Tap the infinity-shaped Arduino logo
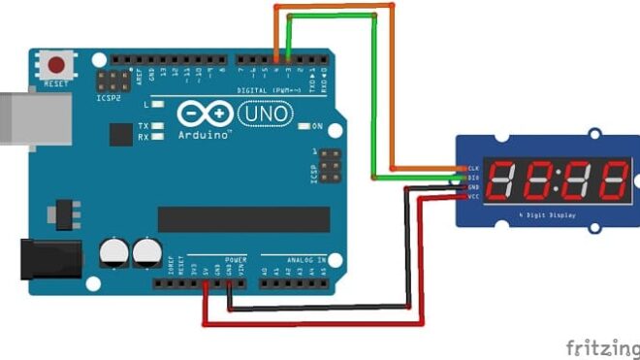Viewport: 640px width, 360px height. [x=205, y=115]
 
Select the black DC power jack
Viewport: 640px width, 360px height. [x=43, y=259]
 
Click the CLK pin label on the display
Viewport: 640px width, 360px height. [x=474, y=169]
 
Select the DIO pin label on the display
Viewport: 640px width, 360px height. [x=474, y=179]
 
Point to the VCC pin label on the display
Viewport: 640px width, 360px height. [x=474, y=197]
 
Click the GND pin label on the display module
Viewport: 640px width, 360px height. [x=474, y=187]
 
